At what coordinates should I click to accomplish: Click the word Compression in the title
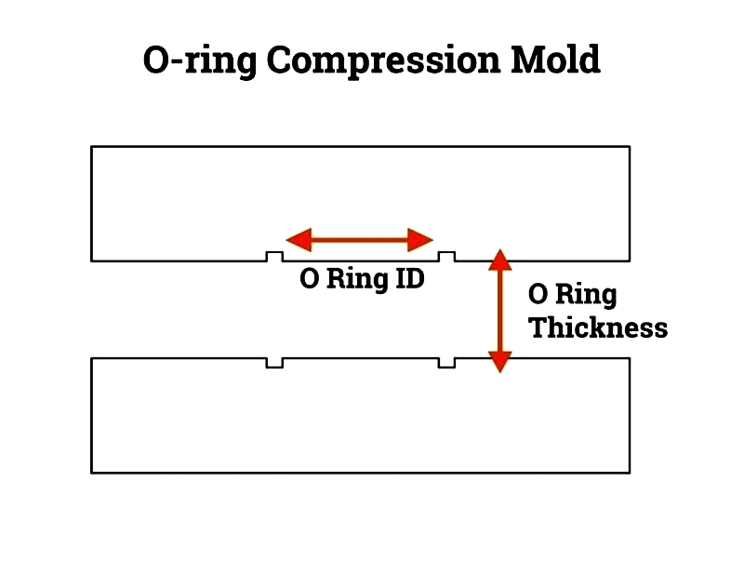[x=383, y=60]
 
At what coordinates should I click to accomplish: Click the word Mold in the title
[x=555, y=59]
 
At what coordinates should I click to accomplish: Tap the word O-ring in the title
[x=200, y=61]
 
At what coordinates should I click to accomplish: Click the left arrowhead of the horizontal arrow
[x=299, y=240]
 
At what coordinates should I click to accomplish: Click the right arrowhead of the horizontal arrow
[x=420, y=240]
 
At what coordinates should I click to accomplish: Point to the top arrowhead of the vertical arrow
[x=500, y=260]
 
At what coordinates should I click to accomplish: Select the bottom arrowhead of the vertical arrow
[x=500, y=362]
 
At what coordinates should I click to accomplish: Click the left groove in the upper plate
[x=274, y=257]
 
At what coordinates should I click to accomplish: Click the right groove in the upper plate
[x=446, y=257]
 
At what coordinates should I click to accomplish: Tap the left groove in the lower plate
[x=274, y=363]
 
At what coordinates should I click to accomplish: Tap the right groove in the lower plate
[x=446, y=363]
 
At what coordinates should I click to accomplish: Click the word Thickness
[x=598, y=328]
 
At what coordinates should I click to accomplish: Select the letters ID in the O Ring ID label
[x=409, y=278]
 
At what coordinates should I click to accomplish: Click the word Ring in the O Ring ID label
[x=357, y=280]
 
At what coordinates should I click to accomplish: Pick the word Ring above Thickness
[x=586, y=295]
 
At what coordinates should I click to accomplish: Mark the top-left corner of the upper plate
[x=91, y=147]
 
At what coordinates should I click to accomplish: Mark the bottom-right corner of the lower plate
[x=630, y=473]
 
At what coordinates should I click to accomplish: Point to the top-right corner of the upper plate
[x=630, y=147]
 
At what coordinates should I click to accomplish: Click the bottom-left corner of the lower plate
[x=91, y=473]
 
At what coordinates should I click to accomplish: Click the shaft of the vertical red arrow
[x=500, y=311]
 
